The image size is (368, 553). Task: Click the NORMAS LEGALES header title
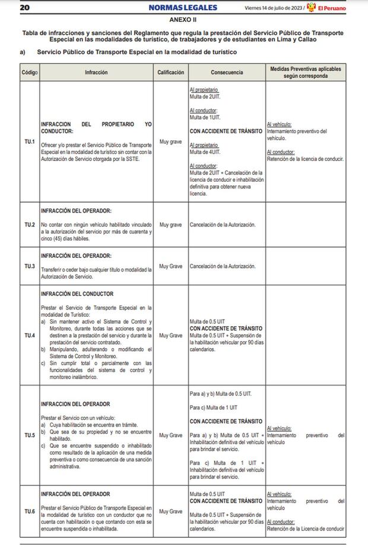point(184,8)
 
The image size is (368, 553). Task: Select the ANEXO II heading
point(184,20)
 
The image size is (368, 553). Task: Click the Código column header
point(29,72)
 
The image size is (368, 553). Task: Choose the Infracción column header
point(96,72)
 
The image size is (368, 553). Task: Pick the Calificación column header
point(170,72)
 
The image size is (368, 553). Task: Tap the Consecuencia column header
point(226,72)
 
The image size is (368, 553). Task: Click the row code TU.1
point(29,141)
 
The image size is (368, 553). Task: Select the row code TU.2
point(29,225)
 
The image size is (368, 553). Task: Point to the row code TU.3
point(29,266)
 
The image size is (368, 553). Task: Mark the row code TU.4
point(29,336)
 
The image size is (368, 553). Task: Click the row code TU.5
point(29,435)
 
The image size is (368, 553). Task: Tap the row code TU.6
point(29,511)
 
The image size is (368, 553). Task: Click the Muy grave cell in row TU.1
point(170,141)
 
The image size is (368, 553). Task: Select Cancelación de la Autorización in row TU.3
point(222,266)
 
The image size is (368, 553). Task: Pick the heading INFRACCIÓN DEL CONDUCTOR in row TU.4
point(77,294)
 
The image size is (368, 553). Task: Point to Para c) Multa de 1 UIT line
point(214,407)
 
